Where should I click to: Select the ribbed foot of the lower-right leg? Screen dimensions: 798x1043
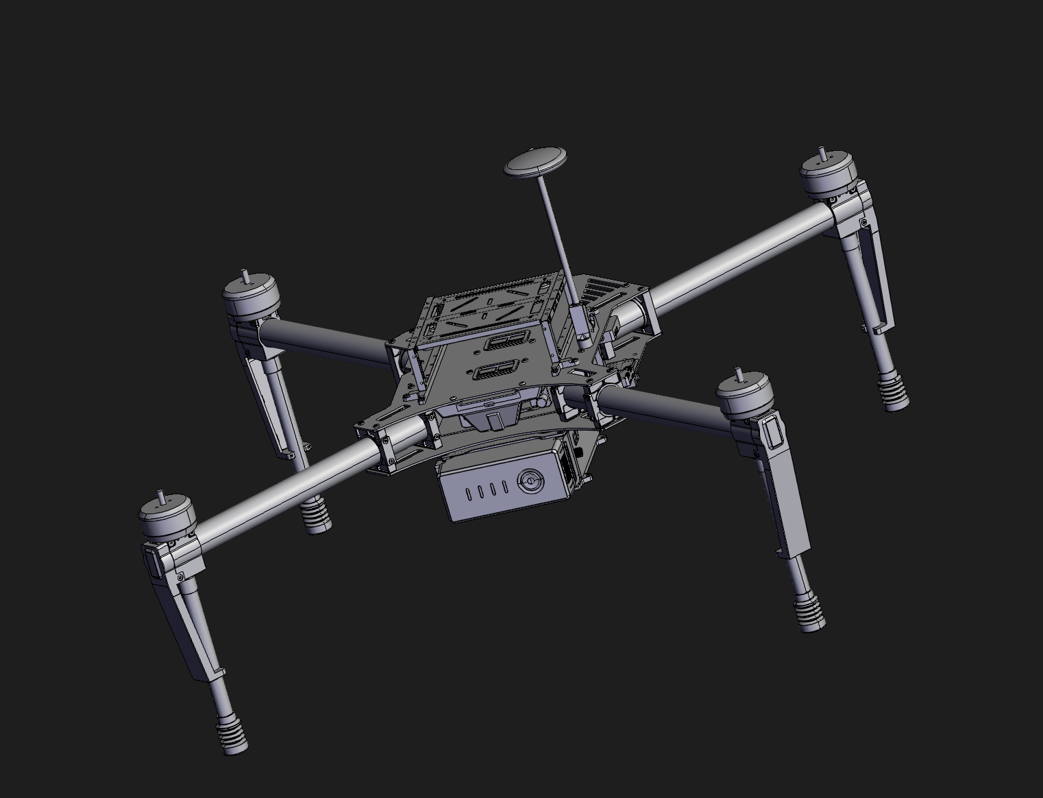810,612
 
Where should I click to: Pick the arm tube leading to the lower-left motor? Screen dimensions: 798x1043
288,480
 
